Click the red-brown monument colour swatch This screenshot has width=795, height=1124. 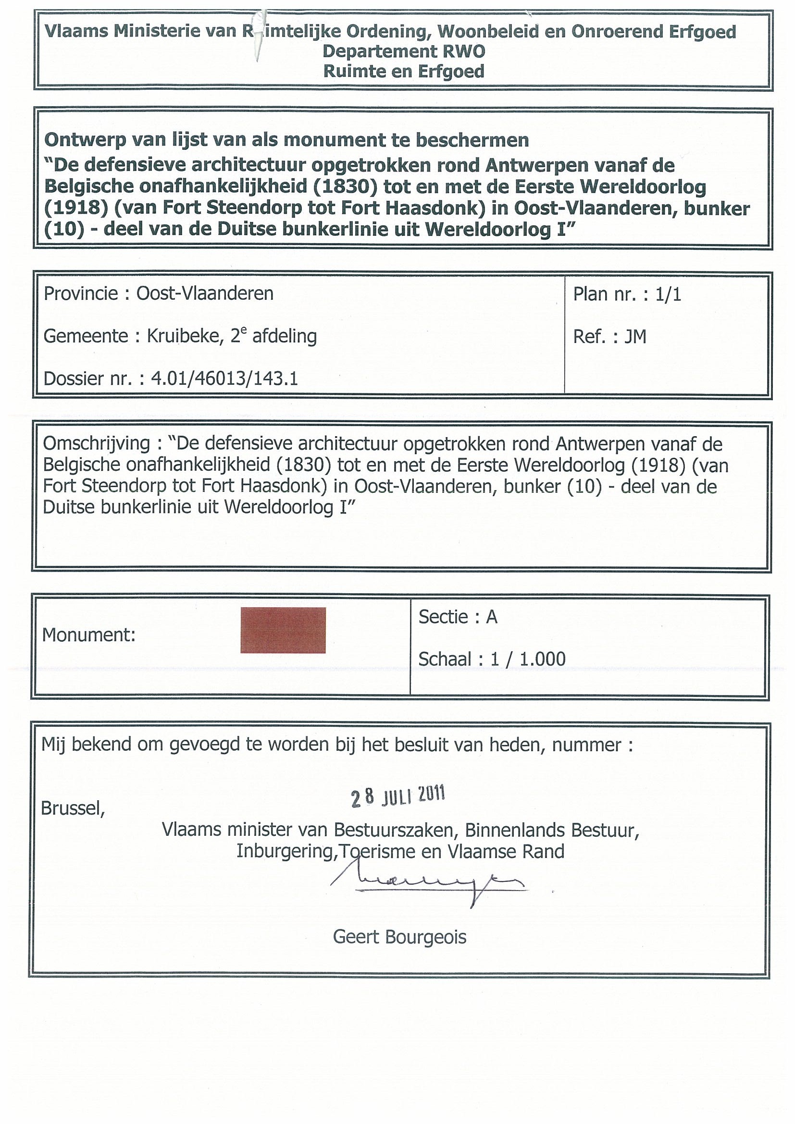[x=283, y=630]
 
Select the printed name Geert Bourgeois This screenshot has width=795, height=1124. [x=399, y=937]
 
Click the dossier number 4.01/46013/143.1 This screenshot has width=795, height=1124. [x=224, y=379]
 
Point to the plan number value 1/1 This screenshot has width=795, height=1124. [x=669, y=294]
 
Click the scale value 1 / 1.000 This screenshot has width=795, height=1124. [x=528, y=659]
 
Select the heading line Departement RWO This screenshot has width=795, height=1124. [x=404, y=51]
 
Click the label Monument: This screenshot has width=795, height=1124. [x=88, y=635]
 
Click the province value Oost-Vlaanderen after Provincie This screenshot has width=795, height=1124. [x=205, y=293]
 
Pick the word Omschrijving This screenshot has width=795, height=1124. [x=96, y=443]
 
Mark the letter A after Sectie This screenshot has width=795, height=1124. [x=491, y=617]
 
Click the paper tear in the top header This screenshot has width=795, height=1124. [x=257, y=34]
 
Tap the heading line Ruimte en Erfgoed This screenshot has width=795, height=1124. [x=404, y=72]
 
